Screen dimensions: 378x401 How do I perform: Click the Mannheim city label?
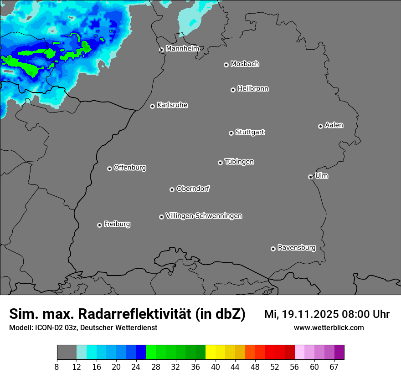click(182, 48)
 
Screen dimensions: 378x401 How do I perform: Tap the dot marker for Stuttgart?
click(231, 133)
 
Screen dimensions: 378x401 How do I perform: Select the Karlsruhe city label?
click(172, 105)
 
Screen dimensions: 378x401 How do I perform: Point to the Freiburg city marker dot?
click(99, 225)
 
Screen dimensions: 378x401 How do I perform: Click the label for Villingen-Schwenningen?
click(204, 216)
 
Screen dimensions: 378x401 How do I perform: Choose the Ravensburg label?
click(297, 248)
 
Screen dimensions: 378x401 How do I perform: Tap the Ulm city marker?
click(310, 177)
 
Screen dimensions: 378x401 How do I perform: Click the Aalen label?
click(334, 125)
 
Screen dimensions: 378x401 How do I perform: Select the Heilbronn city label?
click(253, 89)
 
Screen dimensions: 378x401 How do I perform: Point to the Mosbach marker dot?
click(226, 65)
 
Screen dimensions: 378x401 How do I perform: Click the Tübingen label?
click(239, 162)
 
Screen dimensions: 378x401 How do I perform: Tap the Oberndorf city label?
click(193, 189)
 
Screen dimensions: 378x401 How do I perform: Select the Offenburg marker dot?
click(109, 169)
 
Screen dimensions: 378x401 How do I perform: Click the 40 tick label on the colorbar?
click(215, 367)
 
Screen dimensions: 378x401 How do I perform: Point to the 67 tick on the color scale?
click(334, 367)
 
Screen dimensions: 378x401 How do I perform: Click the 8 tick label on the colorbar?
click(57, 367)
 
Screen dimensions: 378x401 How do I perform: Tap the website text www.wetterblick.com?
click(329, 328)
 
